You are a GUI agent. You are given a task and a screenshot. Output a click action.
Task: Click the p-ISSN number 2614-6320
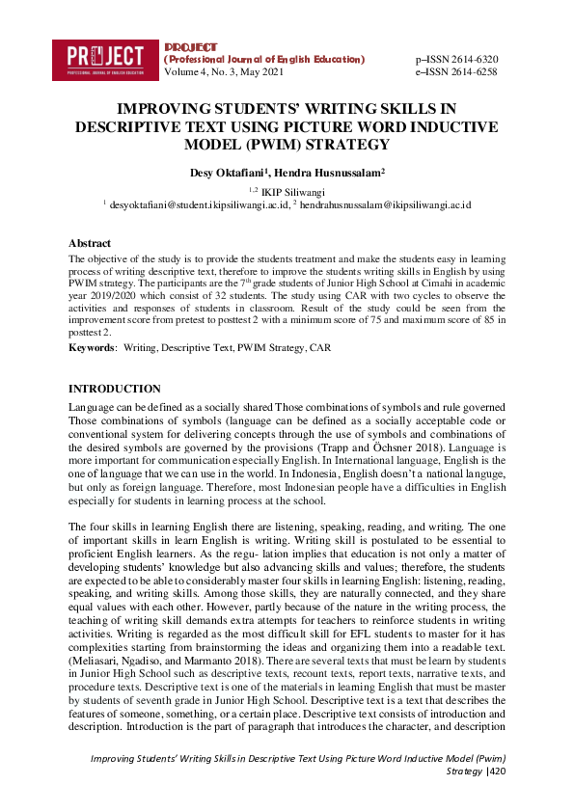point(470,59)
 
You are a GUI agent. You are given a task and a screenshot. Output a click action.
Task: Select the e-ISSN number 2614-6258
point(470,71)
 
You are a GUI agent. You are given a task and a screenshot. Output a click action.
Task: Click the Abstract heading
point(89,244)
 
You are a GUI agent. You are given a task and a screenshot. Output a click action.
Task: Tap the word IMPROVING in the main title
point(167,109)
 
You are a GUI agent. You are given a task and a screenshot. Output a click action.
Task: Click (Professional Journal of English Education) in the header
point(265,59)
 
